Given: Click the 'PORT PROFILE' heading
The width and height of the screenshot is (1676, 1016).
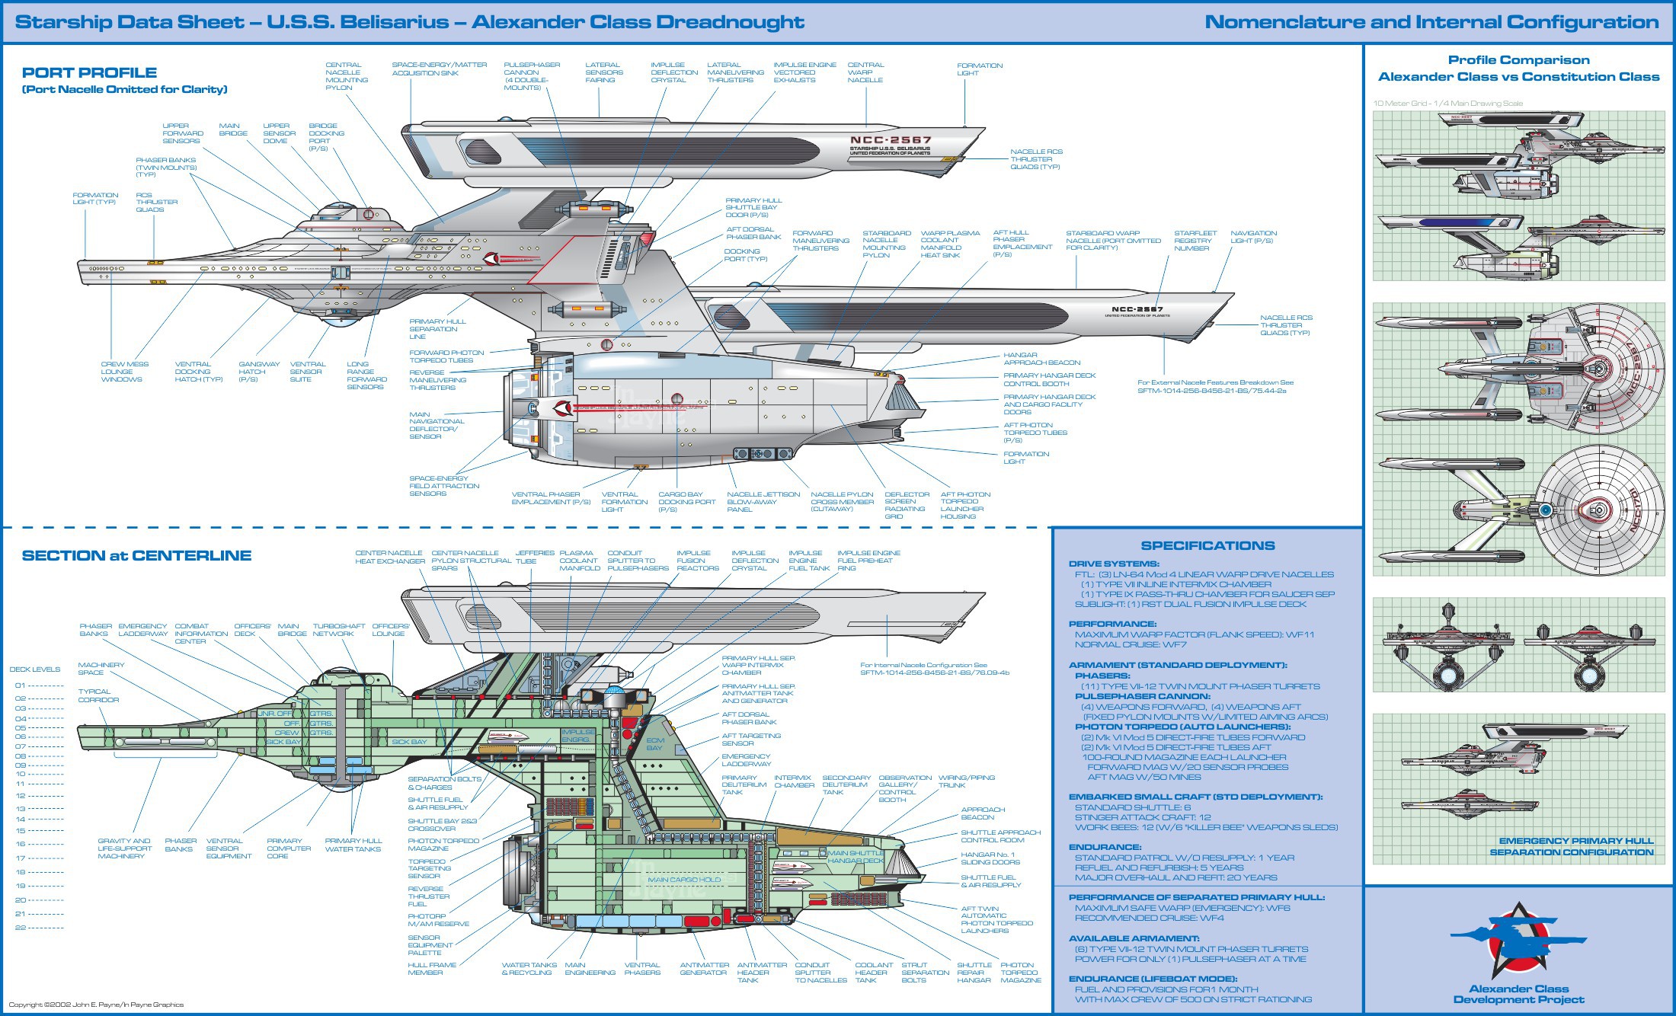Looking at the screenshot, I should pyautogui.click(x=89, y=73).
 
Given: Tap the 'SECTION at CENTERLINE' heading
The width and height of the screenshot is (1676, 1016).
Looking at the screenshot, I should pyautogui.click(x=136, y=556).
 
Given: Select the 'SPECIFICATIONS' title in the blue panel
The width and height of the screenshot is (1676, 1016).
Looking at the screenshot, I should pyautogui.click(x=1207, y=546).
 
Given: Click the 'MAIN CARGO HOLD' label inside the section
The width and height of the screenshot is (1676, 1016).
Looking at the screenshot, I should pyautogui.click(x=683, y=880).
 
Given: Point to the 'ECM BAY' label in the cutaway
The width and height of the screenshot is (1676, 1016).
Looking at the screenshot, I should pyautogui.click(x=655, y=744).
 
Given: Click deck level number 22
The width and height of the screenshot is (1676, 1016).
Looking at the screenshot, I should pyautogui.click(x=21, y=928).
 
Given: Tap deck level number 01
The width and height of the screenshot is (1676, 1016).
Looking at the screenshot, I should pyautogui.click(x=21, y=685).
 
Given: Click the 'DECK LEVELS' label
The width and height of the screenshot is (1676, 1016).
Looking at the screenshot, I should pyautogui.click(x=34, y=669).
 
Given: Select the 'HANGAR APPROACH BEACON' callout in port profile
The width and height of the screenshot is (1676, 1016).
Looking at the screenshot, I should pyautogui.click(x=1041, y=359).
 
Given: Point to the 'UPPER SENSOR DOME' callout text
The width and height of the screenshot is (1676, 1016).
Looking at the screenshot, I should pyautogui.click(x=279, y=133).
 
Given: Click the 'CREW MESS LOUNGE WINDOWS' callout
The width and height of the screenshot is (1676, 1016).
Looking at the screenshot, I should pyautogui.click(x=124, y=372).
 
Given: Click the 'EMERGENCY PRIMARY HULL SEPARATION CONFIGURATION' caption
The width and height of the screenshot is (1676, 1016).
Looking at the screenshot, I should pyautogui.click(x=1571, y=847).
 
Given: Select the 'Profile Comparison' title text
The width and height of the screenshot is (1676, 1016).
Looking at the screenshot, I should pyautogui.click(x=1518, y=60).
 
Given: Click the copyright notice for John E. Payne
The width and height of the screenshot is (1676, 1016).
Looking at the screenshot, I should pyautogui.click(x=96, y=1005).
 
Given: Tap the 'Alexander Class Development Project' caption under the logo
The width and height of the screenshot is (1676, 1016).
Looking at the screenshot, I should pyautogui.click(x=1518, y=995).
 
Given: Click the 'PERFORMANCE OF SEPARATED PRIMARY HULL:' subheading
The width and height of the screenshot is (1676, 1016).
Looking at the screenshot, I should pyautogui.click(x=1196, y=898).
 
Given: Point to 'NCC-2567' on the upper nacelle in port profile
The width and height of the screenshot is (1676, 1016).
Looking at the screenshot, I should pyautogui.click(x=891, y=140).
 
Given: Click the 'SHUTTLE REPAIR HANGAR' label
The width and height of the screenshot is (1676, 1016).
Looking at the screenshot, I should pyautogui.click(x=974, y=973).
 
